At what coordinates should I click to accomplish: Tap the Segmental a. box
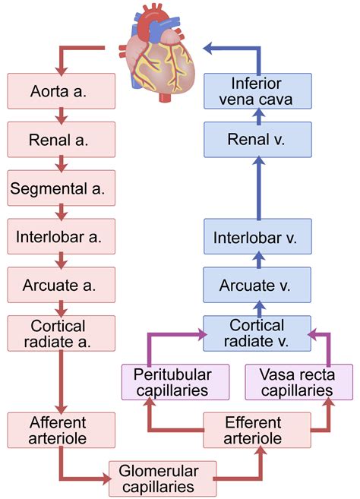point(61,187)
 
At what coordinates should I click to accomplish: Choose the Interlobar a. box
point(61,235)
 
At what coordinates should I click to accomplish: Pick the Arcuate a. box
point(61,285)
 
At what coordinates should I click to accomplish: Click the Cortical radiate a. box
point(61,333)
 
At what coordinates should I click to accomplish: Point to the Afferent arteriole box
point(61,431)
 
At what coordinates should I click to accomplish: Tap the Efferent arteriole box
point(257,431)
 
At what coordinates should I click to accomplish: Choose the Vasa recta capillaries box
point(298,382)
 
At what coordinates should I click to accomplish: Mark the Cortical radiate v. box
point(257,333)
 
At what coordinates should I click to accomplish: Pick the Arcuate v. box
point(257,285)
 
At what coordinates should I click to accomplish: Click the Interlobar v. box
point(257,235)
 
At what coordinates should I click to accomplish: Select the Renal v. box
point(257,138)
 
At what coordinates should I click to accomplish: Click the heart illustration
point(160,50)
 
